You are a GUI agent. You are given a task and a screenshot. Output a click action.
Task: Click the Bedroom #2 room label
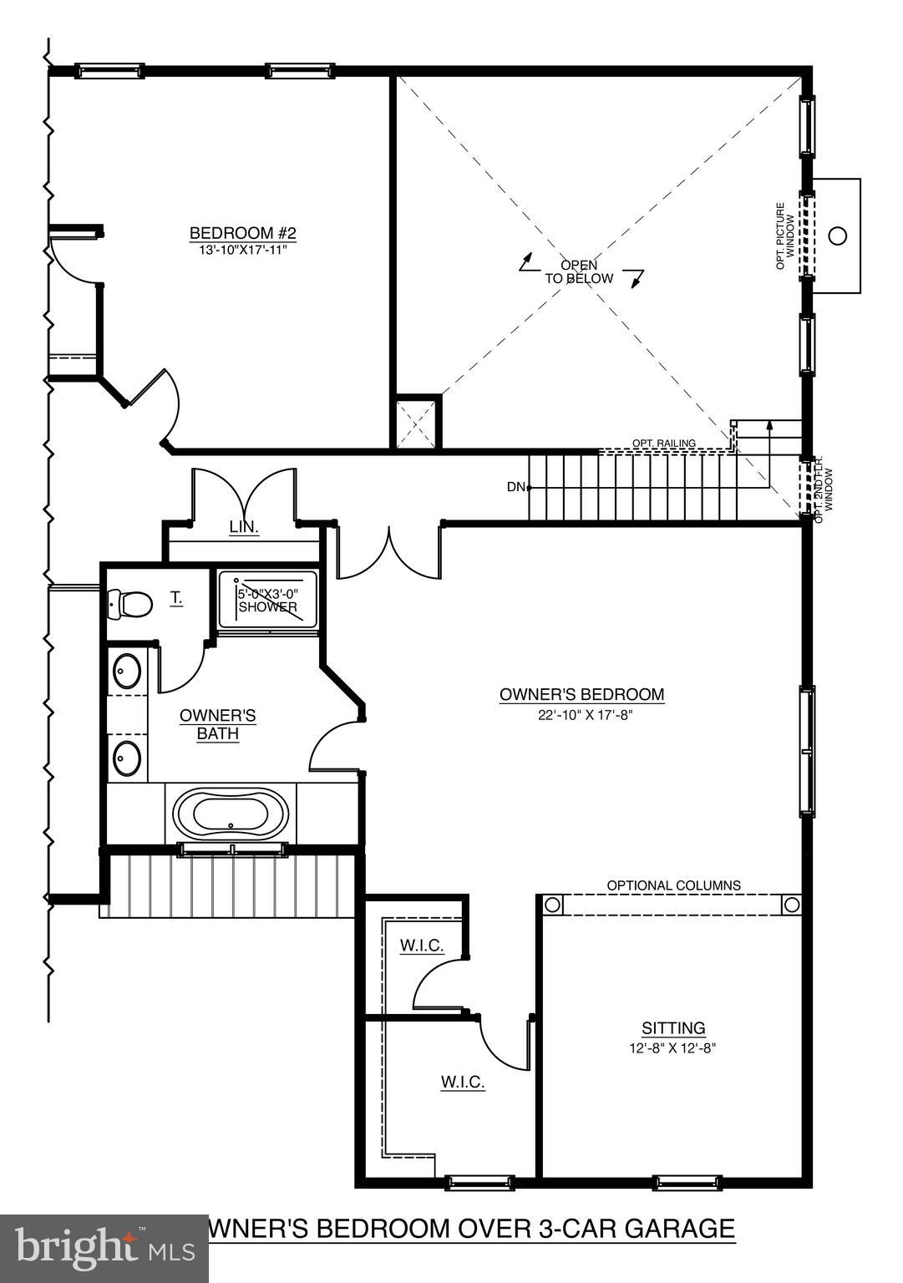pos(243,233)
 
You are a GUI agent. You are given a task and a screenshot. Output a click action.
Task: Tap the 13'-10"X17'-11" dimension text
pos(243,249)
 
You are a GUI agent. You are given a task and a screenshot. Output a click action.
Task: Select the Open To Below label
pos(579,272)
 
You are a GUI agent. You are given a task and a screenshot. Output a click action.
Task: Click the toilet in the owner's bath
pos(130,602)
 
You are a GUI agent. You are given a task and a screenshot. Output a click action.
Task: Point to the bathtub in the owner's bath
pos(231,814)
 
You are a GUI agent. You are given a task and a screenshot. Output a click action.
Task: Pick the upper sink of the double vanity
pos(128,672)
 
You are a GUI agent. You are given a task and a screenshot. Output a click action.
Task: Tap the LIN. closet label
pos(244,528)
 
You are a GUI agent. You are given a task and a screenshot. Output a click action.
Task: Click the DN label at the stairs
pos(515,487)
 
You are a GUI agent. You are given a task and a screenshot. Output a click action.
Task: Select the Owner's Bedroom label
pos(581,694)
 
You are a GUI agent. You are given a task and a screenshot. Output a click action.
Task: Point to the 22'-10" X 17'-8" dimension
pos(581,715)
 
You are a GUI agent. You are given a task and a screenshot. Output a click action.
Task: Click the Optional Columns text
pos(673,885)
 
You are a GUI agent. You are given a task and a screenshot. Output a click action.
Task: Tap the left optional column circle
pos(551,905)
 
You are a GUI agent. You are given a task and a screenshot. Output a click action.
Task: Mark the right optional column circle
pos(790,905)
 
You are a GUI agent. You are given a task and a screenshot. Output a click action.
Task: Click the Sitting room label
pos(673,1028)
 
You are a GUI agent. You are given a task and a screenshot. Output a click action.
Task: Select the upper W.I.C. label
pos(422,946)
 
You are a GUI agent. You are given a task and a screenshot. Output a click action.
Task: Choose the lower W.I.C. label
pos(463,1083)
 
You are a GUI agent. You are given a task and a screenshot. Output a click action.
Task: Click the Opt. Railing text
pos(664,444)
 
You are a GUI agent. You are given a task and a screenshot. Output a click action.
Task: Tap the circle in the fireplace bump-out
pos(837,236)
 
